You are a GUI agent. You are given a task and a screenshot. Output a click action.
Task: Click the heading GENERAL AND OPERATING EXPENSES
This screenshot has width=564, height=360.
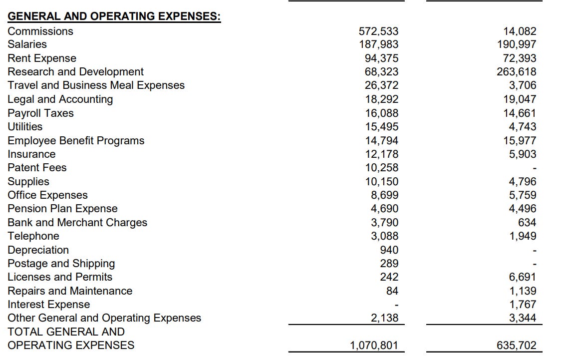coord(114,16)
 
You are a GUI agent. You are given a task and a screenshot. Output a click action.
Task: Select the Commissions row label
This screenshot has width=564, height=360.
coord(40,31)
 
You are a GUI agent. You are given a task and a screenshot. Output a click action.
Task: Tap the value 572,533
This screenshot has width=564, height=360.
coord(379,31)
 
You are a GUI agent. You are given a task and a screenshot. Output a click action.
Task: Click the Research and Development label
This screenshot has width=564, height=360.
coord(75,72)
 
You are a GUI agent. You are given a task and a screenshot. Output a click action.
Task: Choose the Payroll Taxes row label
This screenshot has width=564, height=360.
coord(40,113)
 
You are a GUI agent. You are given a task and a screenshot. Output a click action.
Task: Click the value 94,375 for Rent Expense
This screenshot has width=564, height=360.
coord(382,58)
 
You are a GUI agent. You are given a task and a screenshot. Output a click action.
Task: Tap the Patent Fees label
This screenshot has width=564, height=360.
coord(37,168)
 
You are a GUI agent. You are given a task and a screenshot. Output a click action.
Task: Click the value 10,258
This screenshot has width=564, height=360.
coord(382,168)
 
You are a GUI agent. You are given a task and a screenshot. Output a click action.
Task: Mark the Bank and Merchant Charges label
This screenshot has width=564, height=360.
coord(77,223)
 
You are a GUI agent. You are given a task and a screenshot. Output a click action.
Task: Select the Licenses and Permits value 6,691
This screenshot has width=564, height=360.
coord(523,277)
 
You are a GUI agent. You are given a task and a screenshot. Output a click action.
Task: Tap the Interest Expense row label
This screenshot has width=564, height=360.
coord(49,305)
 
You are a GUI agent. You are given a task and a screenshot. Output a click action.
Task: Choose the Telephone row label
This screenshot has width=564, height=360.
coord(33,236)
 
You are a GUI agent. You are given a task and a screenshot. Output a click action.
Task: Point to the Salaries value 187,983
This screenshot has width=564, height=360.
coord(379,44)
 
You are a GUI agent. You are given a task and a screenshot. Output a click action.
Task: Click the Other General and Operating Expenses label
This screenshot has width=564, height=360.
coord(104,318)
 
